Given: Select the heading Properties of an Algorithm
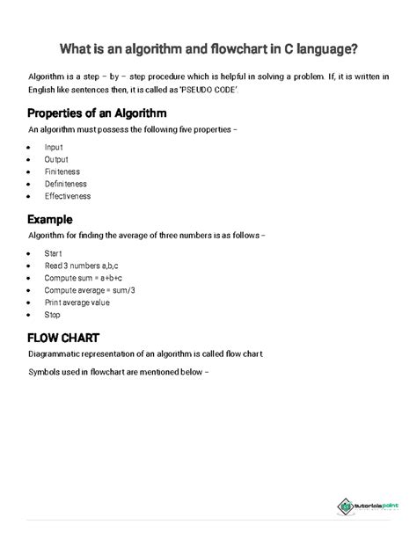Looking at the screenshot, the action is (98, 114).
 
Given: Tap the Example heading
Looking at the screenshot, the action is (49, 220).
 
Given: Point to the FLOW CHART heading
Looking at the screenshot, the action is (63, 338).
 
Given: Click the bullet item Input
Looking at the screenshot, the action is (54, 147).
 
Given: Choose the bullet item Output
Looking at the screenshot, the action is (56, 160).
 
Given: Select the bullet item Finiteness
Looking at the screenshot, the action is (62, 172).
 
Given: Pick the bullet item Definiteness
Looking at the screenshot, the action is (65, 185).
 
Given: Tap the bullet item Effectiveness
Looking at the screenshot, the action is (67, 197).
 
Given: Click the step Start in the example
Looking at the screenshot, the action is (53, 252).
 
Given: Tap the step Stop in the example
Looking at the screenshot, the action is (52, 314).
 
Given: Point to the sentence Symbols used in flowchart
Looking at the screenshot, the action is (119, 371).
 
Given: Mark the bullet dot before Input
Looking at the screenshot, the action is (31, 147).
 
